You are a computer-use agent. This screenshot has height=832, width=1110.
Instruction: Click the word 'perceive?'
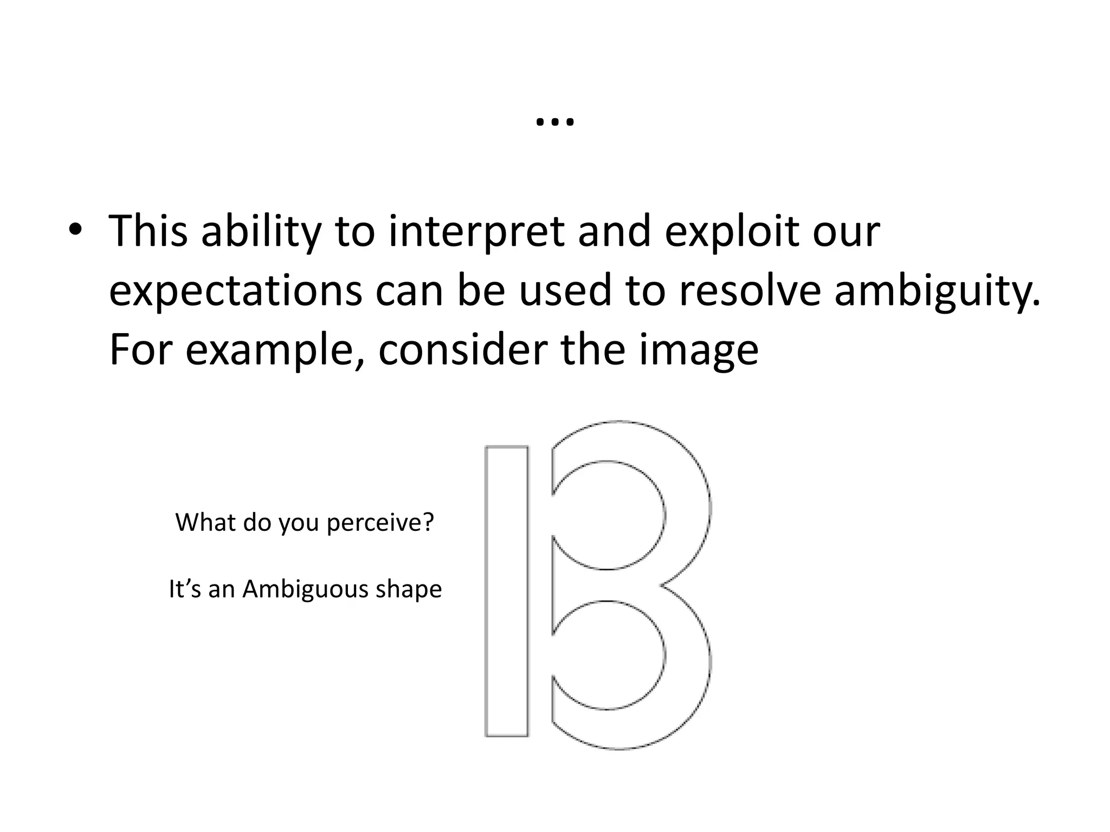[380, 523]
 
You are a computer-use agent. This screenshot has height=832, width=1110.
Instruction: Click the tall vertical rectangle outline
[507, 591]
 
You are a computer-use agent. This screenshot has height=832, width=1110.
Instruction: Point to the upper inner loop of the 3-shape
[607, 515]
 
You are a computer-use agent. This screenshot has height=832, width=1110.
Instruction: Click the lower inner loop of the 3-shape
[607, 655]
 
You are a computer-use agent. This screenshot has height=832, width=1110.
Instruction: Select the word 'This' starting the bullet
[148, 231]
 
